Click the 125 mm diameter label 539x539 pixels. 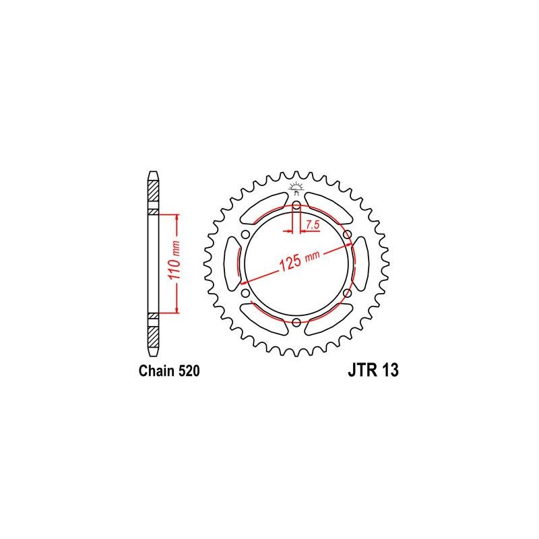(x=300, y=261)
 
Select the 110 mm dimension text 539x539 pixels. (x=175, y=260)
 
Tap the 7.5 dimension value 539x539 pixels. (x=313, y=225)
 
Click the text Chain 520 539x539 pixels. (x=169, y=371)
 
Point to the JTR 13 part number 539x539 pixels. (x=373, y=370)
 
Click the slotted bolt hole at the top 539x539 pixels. (x=296, y=210)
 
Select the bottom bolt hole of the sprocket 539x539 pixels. (x=296, y=322)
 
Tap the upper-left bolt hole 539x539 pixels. (x=245, y=234)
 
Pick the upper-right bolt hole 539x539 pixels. (x=348, y=234)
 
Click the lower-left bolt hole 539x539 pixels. (x=245, y=293)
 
